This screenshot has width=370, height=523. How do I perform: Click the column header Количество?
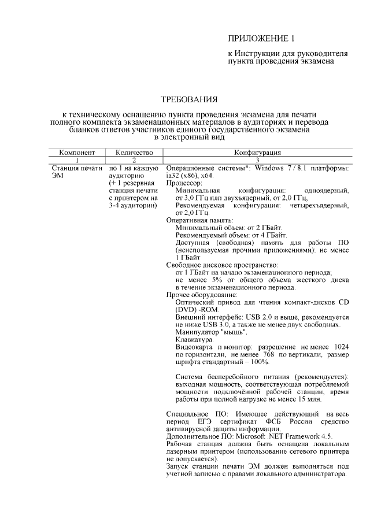(x=134, y=153)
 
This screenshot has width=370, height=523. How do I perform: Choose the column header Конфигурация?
(x=257, y=153)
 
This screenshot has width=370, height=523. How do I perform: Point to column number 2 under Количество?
(x=134, y=160)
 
